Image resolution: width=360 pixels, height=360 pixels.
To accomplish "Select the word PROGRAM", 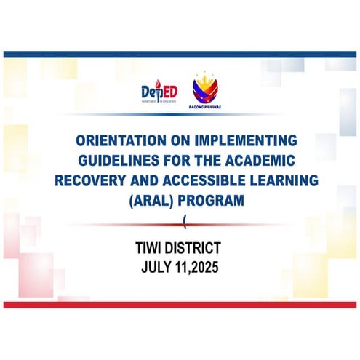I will tap(207, 198).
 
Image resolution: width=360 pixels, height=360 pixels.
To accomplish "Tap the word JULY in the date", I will tap(159, 267).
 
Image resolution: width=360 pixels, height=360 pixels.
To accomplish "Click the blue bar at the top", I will tap(180, 54).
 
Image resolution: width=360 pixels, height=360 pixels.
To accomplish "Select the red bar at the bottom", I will tap(180, 304).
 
